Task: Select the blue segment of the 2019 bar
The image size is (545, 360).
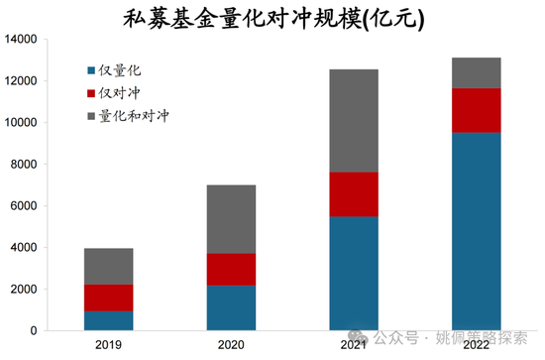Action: tap(109, 320)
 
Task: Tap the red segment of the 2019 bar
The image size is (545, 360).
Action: tap(109, 298)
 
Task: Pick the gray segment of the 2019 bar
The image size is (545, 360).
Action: tap(109, 266)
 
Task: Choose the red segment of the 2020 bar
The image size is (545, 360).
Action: tap(231, 269)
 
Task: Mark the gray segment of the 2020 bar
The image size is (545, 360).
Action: tap(231, 219)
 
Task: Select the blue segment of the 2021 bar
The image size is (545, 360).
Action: tap(354, 273)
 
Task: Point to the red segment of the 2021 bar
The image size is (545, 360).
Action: tap(354, 194)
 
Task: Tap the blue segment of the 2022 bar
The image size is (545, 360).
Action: tap(476, 231)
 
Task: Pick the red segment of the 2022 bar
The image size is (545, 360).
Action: tap(476, 110)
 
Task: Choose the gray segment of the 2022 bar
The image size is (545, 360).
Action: tap(476, 73)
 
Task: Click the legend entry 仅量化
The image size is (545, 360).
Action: tap(119, 70)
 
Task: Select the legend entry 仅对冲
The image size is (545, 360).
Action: tap(119, 93)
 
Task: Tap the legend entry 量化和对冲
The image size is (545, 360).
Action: tap(128, 116)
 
